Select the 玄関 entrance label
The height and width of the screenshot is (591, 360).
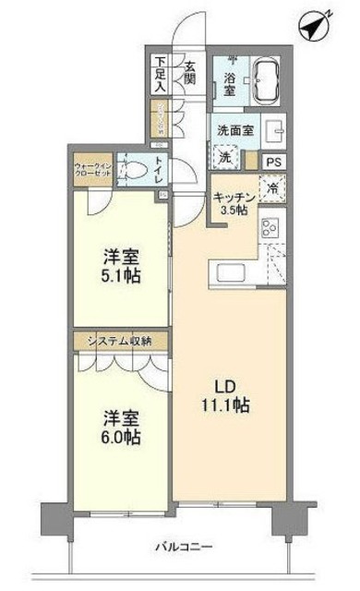tap(190, 73)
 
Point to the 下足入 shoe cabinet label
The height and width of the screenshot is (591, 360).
tap(160, 75)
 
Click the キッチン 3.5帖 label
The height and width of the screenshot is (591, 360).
tap(232, 201)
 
